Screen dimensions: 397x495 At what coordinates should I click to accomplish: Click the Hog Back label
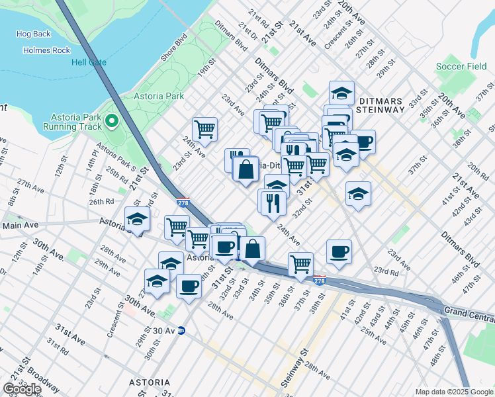[x=33, y=34]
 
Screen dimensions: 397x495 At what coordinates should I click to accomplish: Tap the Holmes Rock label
[x=46, y=50]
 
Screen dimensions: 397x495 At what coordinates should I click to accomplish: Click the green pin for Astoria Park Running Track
[x=111, y=120]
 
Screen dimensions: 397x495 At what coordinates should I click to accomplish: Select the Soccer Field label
[x=461, y=67]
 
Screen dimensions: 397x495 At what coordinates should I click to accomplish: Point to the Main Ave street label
[x=20, y=226]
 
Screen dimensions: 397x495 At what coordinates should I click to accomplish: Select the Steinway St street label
[x=304, y=361]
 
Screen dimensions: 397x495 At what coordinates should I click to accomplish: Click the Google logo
[x=22, y=389]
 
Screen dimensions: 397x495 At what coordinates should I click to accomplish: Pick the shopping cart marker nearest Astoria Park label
[x=205, y=128]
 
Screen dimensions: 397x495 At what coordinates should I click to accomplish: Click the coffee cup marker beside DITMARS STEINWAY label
[x=363, y=140]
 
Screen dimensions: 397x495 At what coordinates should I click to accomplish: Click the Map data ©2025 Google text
[x=453, y=392]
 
